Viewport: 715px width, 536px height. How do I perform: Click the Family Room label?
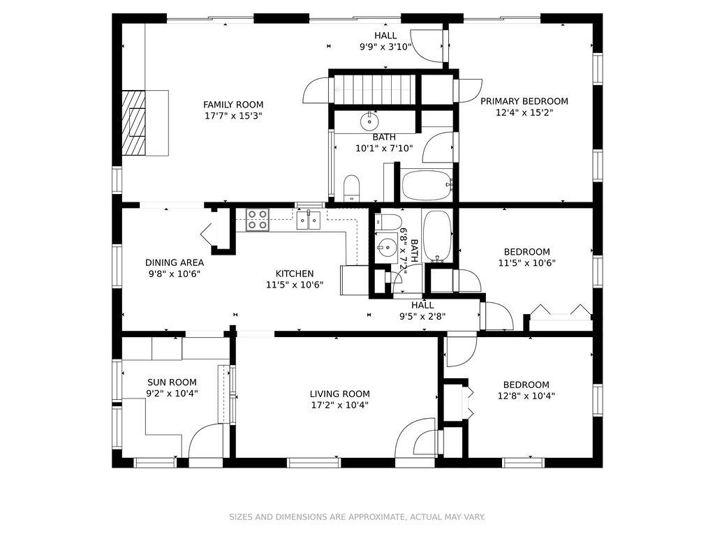pos(233,105)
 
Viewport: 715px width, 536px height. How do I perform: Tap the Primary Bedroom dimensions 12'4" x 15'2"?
pos(524,112)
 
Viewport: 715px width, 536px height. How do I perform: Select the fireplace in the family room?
pos(134,123)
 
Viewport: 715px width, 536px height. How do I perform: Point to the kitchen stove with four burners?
pos(257,219)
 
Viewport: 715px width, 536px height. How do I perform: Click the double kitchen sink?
pos(309,220)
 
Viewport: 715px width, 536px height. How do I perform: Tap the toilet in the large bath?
pos(352,187)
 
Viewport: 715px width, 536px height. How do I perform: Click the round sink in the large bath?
pos(369,121)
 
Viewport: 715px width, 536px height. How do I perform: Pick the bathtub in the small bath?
pos(437,236)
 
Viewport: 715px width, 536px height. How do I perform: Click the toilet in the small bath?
pos(388,222)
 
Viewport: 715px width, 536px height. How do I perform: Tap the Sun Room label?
pos(172,382)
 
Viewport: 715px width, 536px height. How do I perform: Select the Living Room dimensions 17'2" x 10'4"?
pos(340,405)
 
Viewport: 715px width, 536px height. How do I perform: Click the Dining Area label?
pos(175,262)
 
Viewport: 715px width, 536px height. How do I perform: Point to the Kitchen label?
pos(295,274)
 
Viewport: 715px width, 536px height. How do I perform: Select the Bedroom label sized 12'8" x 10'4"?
pos(526,385)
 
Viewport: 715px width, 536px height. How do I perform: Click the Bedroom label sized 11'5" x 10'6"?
pos(526,251)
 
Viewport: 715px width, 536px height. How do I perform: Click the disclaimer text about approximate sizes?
pos(357,517)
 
